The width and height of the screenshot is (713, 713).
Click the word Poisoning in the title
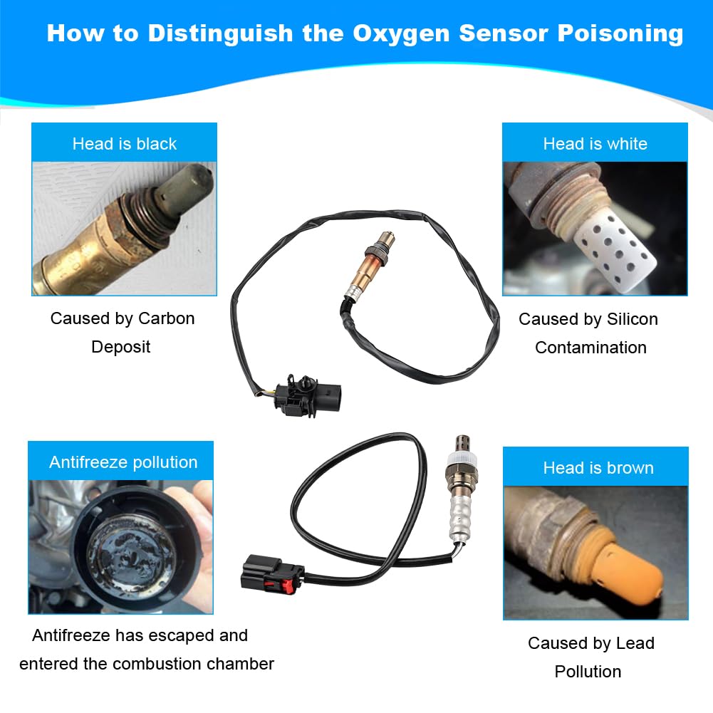pyautogui.click(x=620, y=33)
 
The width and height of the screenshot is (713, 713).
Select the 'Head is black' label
pyautogui.click(x=124, y=144)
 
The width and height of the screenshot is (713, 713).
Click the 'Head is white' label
pyautogui.click(x=595, y=144)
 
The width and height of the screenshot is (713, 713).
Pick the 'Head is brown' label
pyautogui.click(x=598, y=468)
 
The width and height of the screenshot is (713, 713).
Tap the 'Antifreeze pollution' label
pyautogui.click(x=123, y=462)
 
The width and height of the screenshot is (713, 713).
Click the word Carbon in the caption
pyautogui.click(x=167, y=318)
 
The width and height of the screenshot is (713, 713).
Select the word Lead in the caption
pyautogui.click(x=635, y=643)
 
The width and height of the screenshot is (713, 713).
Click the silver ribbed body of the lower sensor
pyautogui.click(x=460, y=516)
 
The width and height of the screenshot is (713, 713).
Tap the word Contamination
pyautogui.click(x=590, y=348)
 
